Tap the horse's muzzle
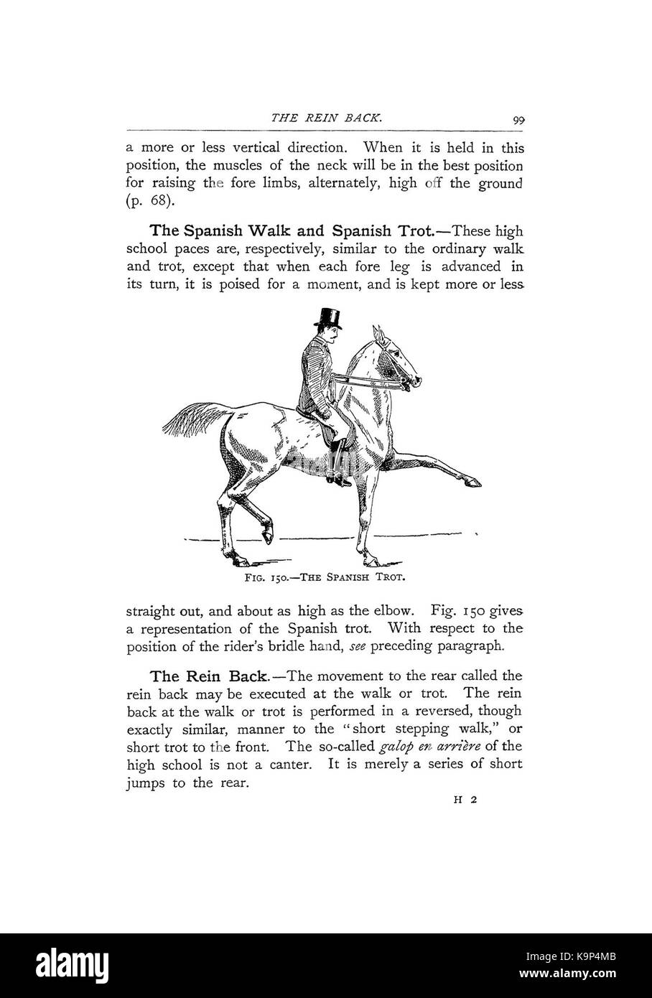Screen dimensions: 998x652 pyautogui.click(x=415, y=383)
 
